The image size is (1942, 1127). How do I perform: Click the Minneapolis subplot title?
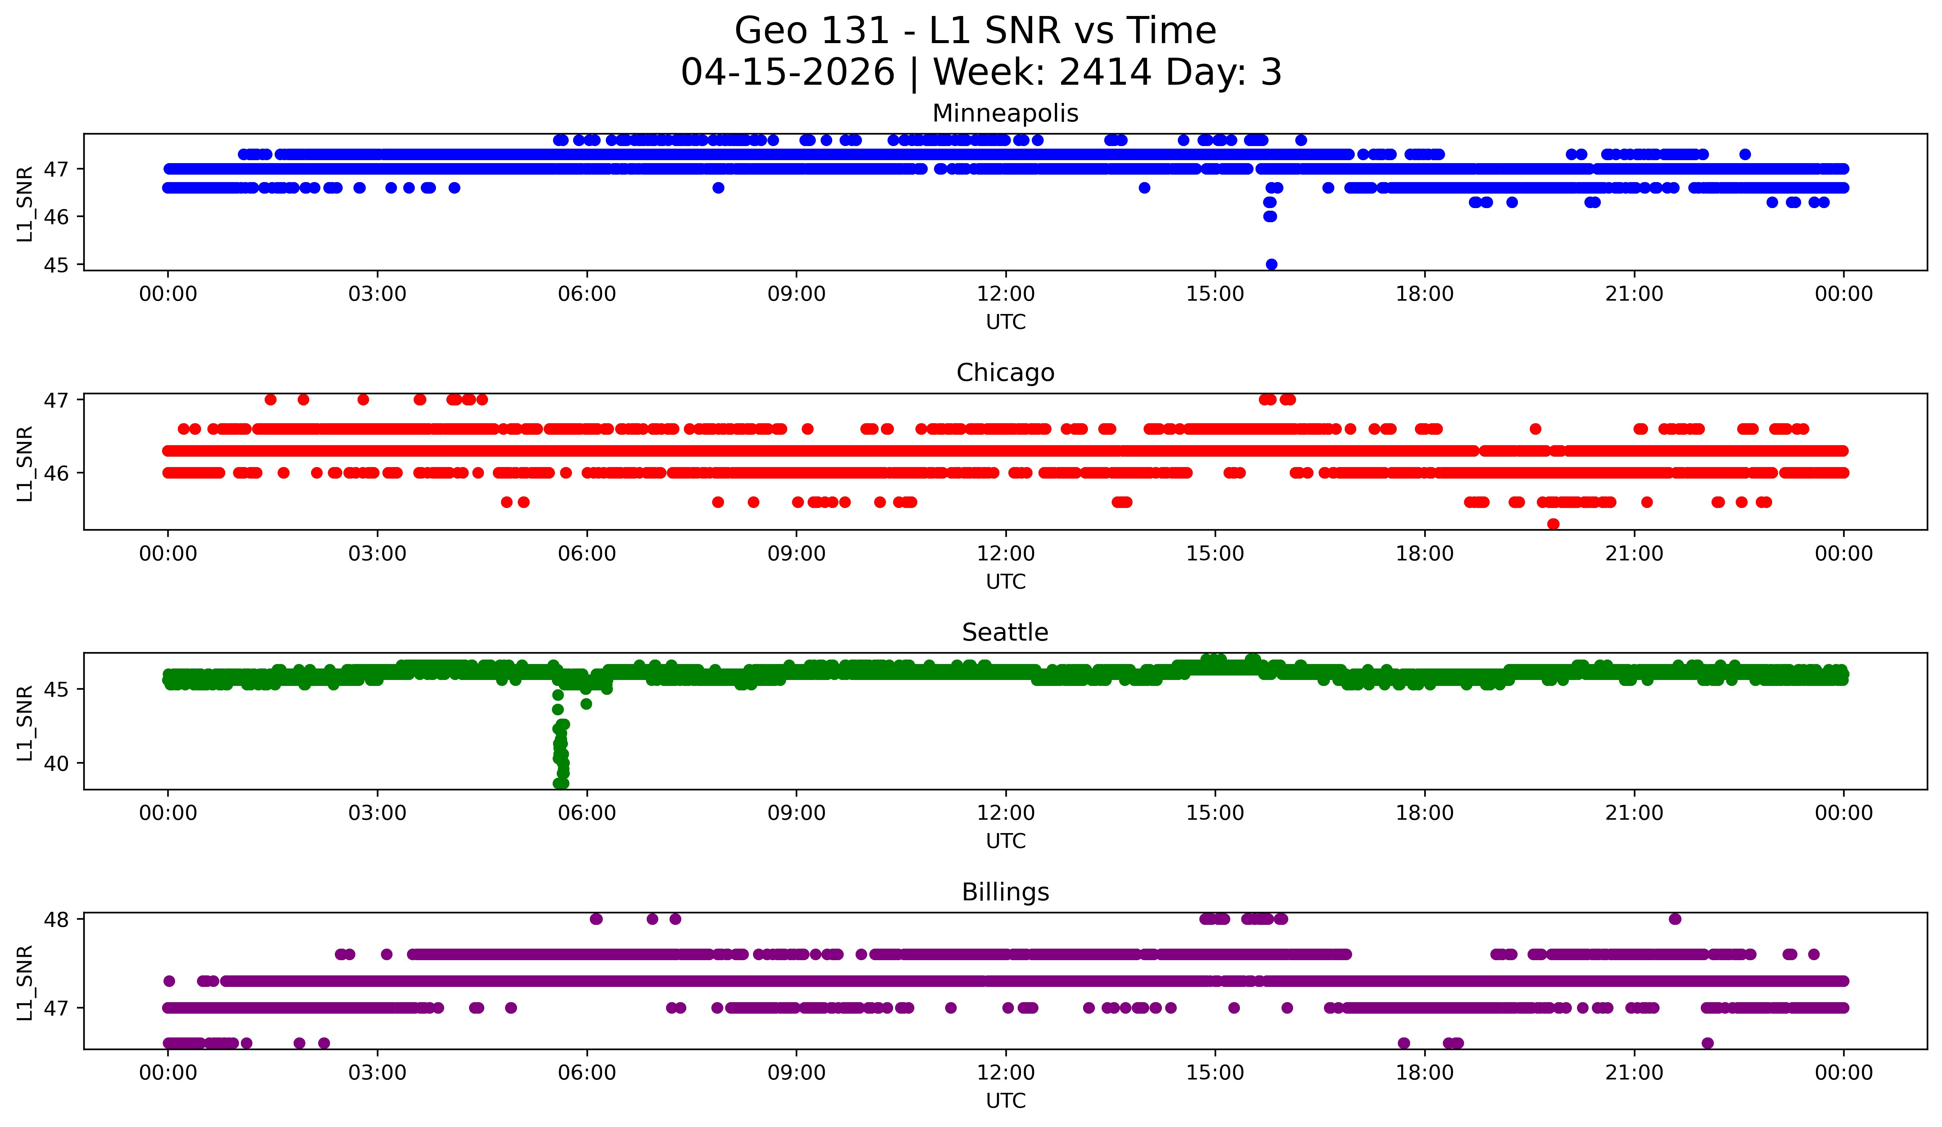click(1005, 113)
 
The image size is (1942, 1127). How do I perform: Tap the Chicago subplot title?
click(1005, 373)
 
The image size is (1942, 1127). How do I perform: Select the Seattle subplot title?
click(1005, 632)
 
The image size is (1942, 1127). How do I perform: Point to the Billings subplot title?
click(1005, 892)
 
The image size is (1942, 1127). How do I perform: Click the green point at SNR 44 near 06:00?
click(586, 703)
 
